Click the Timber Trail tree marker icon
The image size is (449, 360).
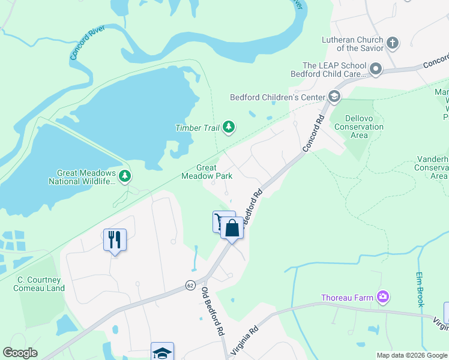tap(229, 127)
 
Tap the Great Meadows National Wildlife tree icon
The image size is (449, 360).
tap(125, 176)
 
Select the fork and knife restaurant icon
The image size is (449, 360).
tap(113, 239)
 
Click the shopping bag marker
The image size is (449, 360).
tap(232, 228)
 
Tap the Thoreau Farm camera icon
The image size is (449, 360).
tap(382, 297)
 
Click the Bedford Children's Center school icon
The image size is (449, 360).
tap(334, 97)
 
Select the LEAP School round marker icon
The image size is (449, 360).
tap(376, 70)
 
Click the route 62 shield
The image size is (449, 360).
tap(190, 284)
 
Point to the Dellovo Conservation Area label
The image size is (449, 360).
tap(358, 127)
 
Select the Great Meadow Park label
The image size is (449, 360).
tap(206, 172)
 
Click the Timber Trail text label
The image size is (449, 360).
tap(196, 127)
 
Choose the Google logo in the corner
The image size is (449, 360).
tap(20, 353)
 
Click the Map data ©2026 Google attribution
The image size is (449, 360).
tap(412, 355)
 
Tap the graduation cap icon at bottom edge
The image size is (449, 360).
tap(162, 352)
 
